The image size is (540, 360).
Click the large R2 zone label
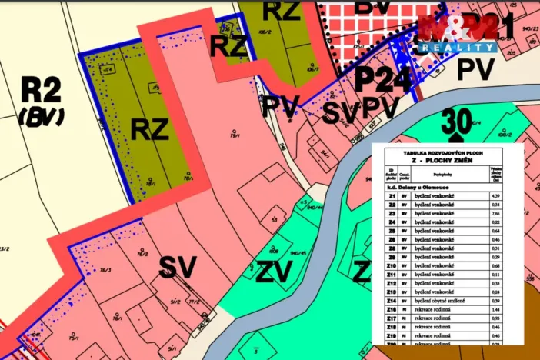(40, 92)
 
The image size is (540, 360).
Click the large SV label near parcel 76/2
(178, 267)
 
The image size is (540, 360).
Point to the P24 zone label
(383, 79)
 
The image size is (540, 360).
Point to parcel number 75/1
(74, 337)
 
